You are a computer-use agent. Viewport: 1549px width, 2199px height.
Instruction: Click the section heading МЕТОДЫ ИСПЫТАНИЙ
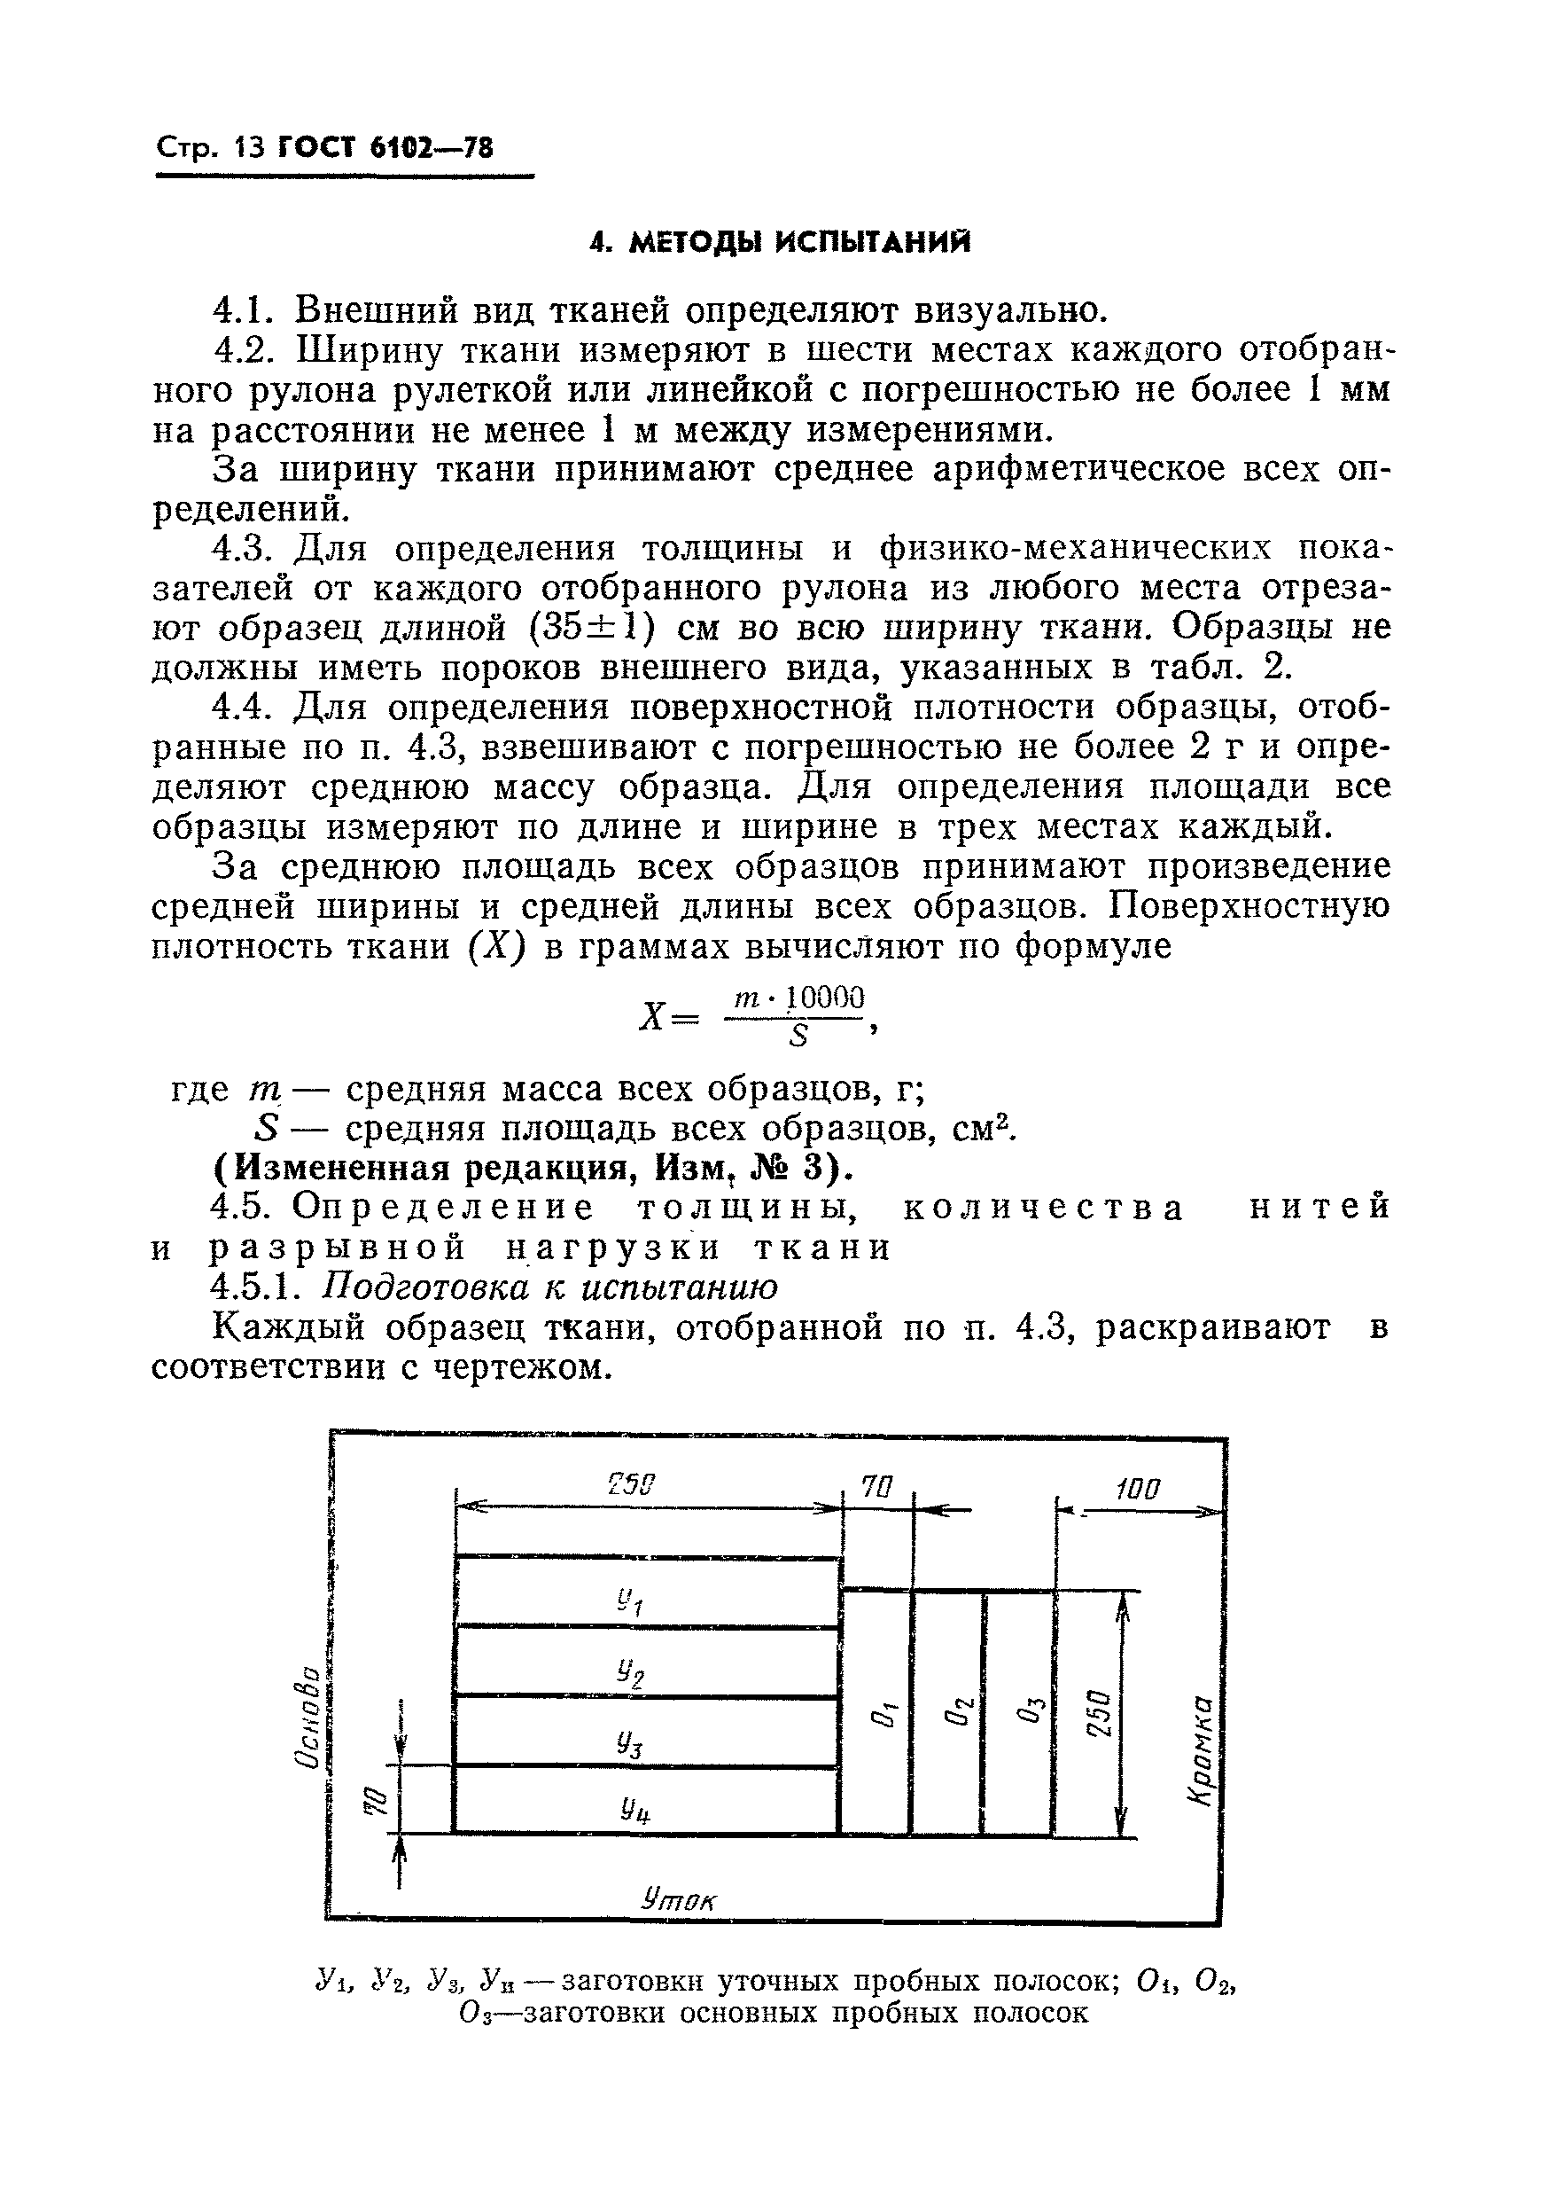coord(779,243)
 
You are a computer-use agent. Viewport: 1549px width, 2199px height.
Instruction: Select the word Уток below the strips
coord(679,1899)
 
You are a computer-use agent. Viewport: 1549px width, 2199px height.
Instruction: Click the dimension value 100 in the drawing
coord(1137,1490)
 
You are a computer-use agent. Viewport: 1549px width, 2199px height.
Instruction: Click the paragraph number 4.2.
coord(243,349)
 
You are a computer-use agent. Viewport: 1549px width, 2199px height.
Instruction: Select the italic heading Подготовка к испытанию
coord(549,1287)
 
